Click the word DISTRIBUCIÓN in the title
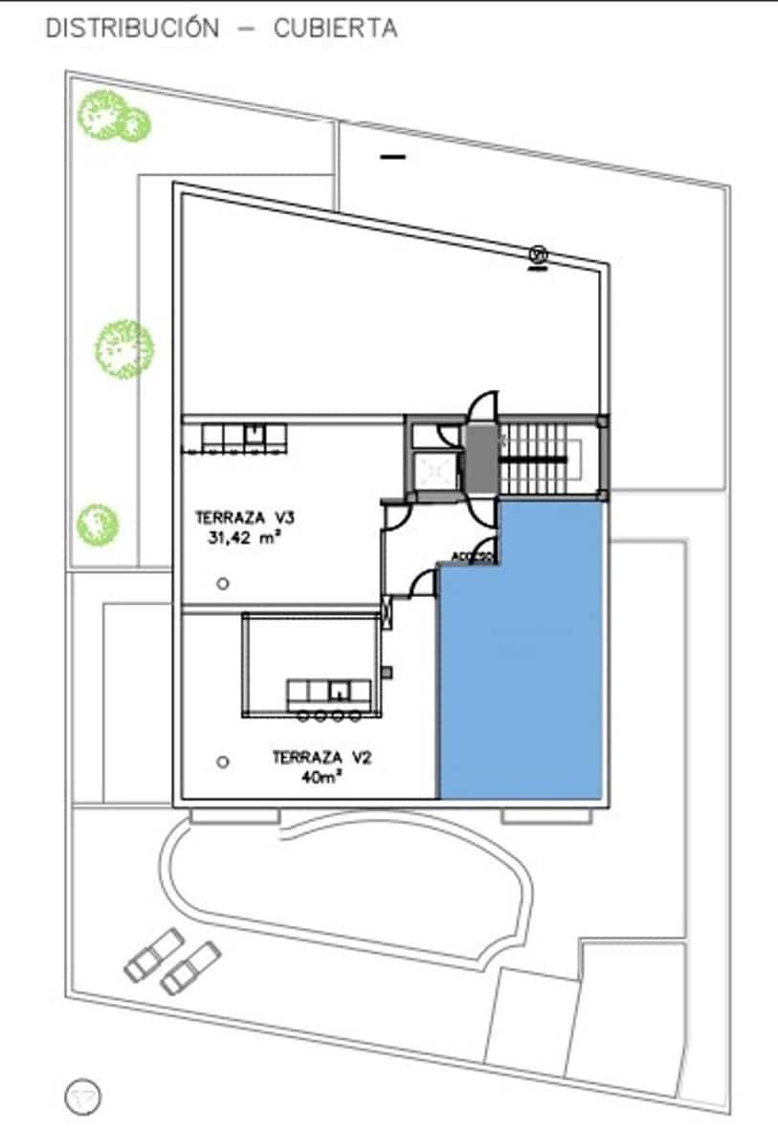[132, 29]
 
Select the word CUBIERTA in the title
[335, 29]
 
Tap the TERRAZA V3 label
[244, 518]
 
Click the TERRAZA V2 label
[320, 757]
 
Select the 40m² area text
[320, 777]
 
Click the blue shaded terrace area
[522, 670]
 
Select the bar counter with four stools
[329, 696]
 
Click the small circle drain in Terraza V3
[222, 584]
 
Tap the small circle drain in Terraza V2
[222, 762]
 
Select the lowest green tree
[98, 522]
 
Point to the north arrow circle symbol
[83, 1096]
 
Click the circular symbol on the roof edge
[539, 254]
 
